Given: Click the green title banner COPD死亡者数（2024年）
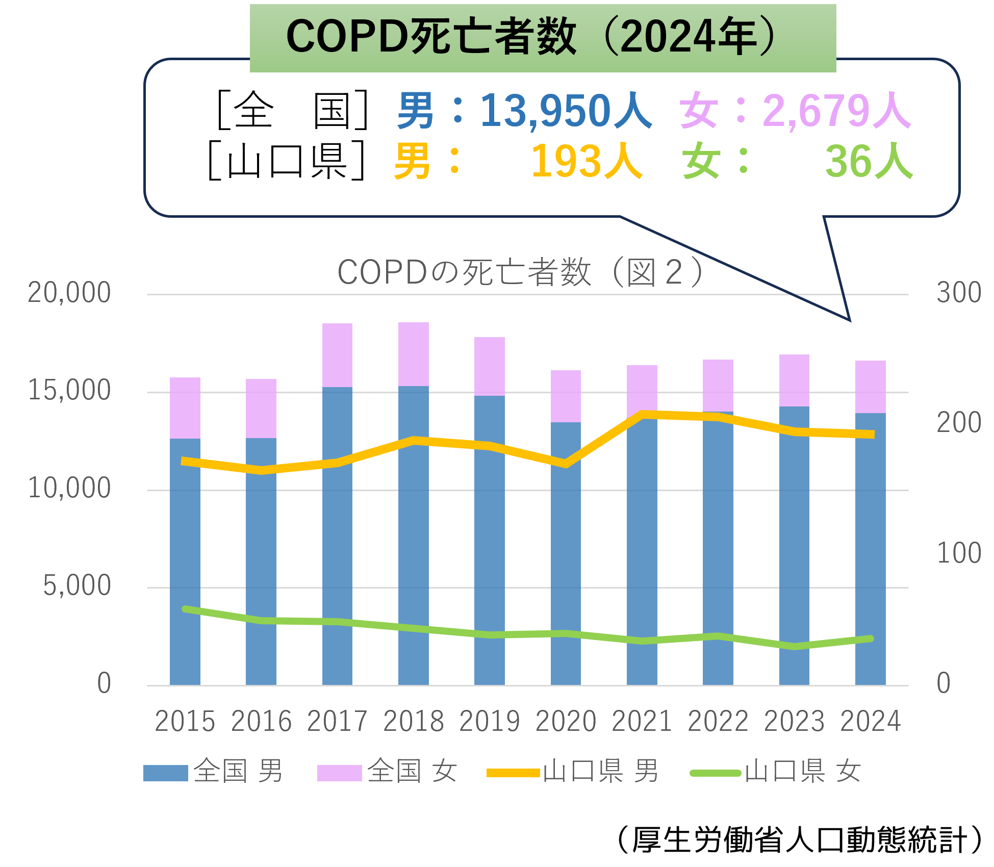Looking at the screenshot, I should tap(542, 37).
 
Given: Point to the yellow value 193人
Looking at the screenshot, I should tap(587, 161).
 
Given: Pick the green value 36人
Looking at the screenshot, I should tap(868, 161).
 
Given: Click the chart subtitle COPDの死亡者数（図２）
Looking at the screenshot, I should tap(520, 272).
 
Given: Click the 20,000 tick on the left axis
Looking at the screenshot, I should tap(69, 293).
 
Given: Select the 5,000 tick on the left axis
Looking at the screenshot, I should tap(77, 585).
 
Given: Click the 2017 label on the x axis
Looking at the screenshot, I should tap(337, 721).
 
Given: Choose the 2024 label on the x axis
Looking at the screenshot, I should tap(871, 721).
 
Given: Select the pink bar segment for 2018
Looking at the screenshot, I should tap(414, 354).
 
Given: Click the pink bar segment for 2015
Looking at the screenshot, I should tap(185, 407).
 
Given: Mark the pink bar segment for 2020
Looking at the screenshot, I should tap(566, 396).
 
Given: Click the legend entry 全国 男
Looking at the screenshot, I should tap(213, 771).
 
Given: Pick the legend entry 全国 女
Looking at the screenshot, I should tap(387, 771).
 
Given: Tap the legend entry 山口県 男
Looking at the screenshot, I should tap(573, 771).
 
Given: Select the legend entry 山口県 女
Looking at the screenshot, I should tap(775, 771).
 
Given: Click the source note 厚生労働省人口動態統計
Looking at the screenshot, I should tap(800, 839).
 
